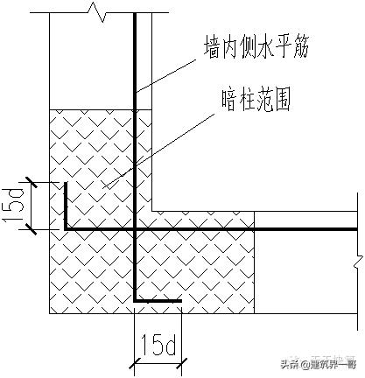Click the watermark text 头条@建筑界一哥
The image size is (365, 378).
[x=319, y=364]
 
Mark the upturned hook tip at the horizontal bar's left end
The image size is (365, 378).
[x=66, y=182]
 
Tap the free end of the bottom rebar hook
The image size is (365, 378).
[x=180, y=301]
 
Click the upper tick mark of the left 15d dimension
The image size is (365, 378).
[x=32, y=182]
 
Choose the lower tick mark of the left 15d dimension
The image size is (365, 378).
[x=32, y=230]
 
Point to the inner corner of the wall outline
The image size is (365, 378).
[x=153, y=210]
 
